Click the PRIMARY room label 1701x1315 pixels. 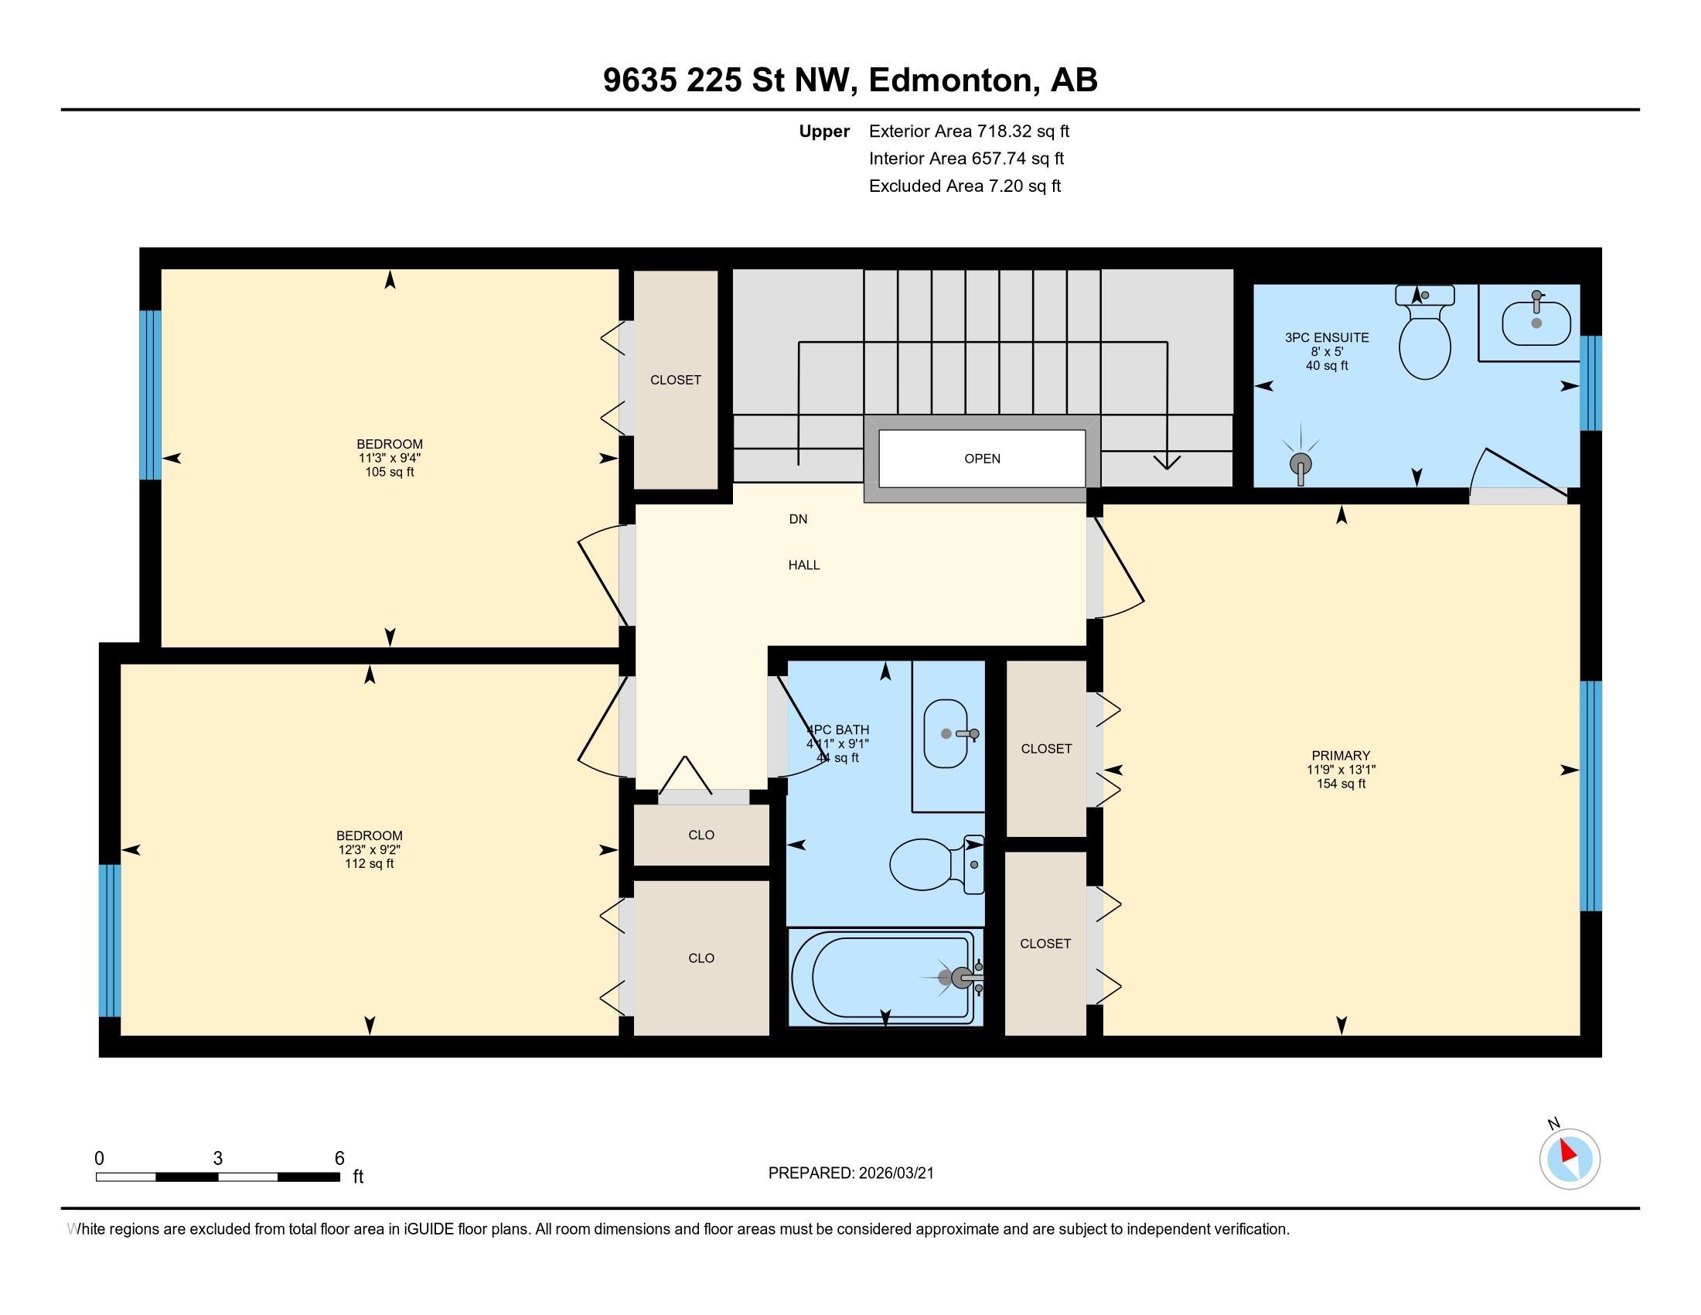[1341, 755]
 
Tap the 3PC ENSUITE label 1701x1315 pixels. [1326, 337]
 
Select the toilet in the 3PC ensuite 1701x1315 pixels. [1424, 335]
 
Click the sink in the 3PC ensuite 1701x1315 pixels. [1536, 323]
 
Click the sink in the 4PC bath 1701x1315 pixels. [946, 733]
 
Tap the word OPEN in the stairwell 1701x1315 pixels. [982, 459]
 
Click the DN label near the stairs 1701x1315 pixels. [799, 519]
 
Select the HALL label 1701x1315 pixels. [804, 565]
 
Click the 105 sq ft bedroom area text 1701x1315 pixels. [390, 472]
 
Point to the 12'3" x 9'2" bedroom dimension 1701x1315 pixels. [369, 850]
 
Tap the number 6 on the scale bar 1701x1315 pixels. [339, 1159]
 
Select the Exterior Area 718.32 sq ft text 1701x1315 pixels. [969, 131]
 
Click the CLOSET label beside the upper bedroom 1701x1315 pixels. [675, 379]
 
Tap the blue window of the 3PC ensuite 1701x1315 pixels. [1590, 382]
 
